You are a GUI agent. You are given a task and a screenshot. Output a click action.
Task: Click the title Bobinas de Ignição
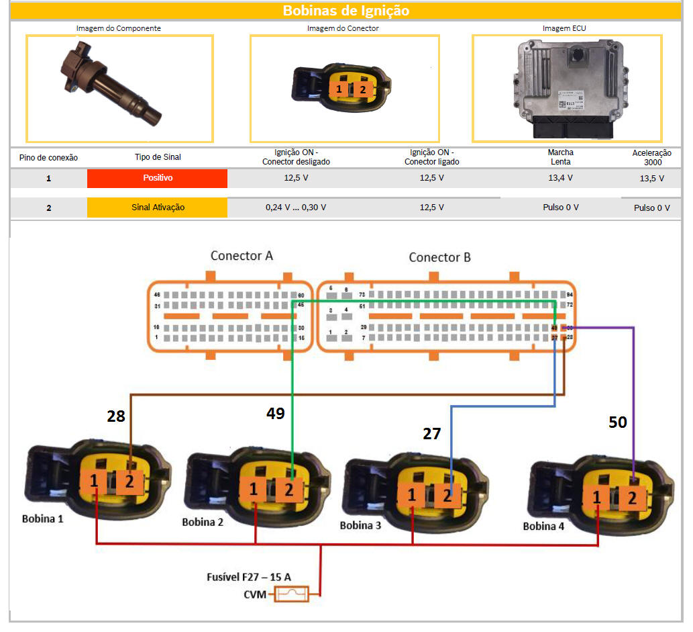click(x=345, y=11)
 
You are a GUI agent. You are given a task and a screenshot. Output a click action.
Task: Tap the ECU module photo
click(x=567, y=87)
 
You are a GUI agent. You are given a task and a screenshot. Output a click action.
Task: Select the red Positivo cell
click(x=157, y=179)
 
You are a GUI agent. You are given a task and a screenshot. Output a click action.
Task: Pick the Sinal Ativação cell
click(x=157, y=208)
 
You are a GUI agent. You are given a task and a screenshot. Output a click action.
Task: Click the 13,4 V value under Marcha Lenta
click(x=560, y=179)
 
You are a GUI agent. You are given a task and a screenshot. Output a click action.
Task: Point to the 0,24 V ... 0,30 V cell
click(x=296, y=208)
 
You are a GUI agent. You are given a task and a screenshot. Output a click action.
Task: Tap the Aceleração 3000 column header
click(x=651, y=157)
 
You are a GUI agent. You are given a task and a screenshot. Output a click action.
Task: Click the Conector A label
click(x=242, y=256)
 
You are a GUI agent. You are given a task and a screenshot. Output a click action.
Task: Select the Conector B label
click(x=439, y=257)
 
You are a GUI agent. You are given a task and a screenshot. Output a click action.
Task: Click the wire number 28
click(x=116, y=416)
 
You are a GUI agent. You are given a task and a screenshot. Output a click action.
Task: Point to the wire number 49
click(x=275, y=414)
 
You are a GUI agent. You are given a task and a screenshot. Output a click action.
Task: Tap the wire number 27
click(x=431, y=434)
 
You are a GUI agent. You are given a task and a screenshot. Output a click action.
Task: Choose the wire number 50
click(x=617, y=422)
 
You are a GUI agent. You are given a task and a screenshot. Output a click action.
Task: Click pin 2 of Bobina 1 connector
click(x=129, y=481)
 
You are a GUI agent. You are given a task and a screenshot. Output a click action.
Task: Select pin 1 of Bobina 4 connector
click(x=596, y=498)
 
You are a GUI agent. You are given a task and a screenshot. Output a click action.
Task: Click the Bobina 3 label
click(x=360, y=525)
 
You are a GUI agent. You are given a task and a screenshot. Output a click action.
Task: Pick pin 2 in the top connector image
click(x=362, y=89)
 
